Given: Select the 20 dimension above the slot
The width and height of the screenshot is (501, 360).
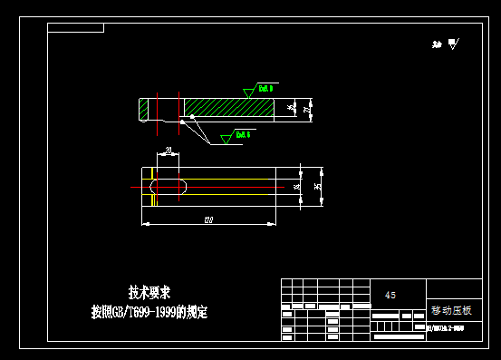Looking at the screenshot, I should pos(169,150).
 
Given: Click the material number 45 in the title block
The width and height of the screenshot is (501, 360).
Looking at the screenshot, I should pos(390,295).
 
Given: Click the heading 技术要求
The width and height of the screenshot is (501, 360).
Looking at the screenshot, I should pos(149,292).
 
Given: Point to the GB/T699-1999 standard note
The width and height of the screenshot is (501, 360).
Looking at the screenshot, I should pos(149,312).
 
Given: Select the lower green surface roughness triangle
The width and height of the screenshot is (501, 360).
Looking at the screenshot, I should pos(226,138).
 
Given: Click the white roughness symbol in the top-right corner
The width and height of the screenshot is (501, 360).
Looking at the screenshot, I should pos(452,44).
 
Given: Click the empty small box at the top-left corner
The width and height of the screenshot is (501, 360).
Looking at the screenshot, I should pos(76,28).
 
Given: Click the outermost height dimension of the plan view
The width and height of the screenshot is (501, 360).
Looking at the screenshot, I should pos(317,187).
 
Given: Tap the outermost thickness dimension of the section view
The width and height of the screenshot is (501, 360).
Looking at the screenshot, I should pos(308,109).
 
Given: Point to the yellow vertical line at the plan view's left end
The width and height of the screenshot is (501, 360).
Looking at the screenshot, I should pos(155,187).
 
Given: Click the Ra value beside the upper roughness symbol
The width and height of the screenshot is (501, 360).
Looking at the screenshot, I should pos(265,88).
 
